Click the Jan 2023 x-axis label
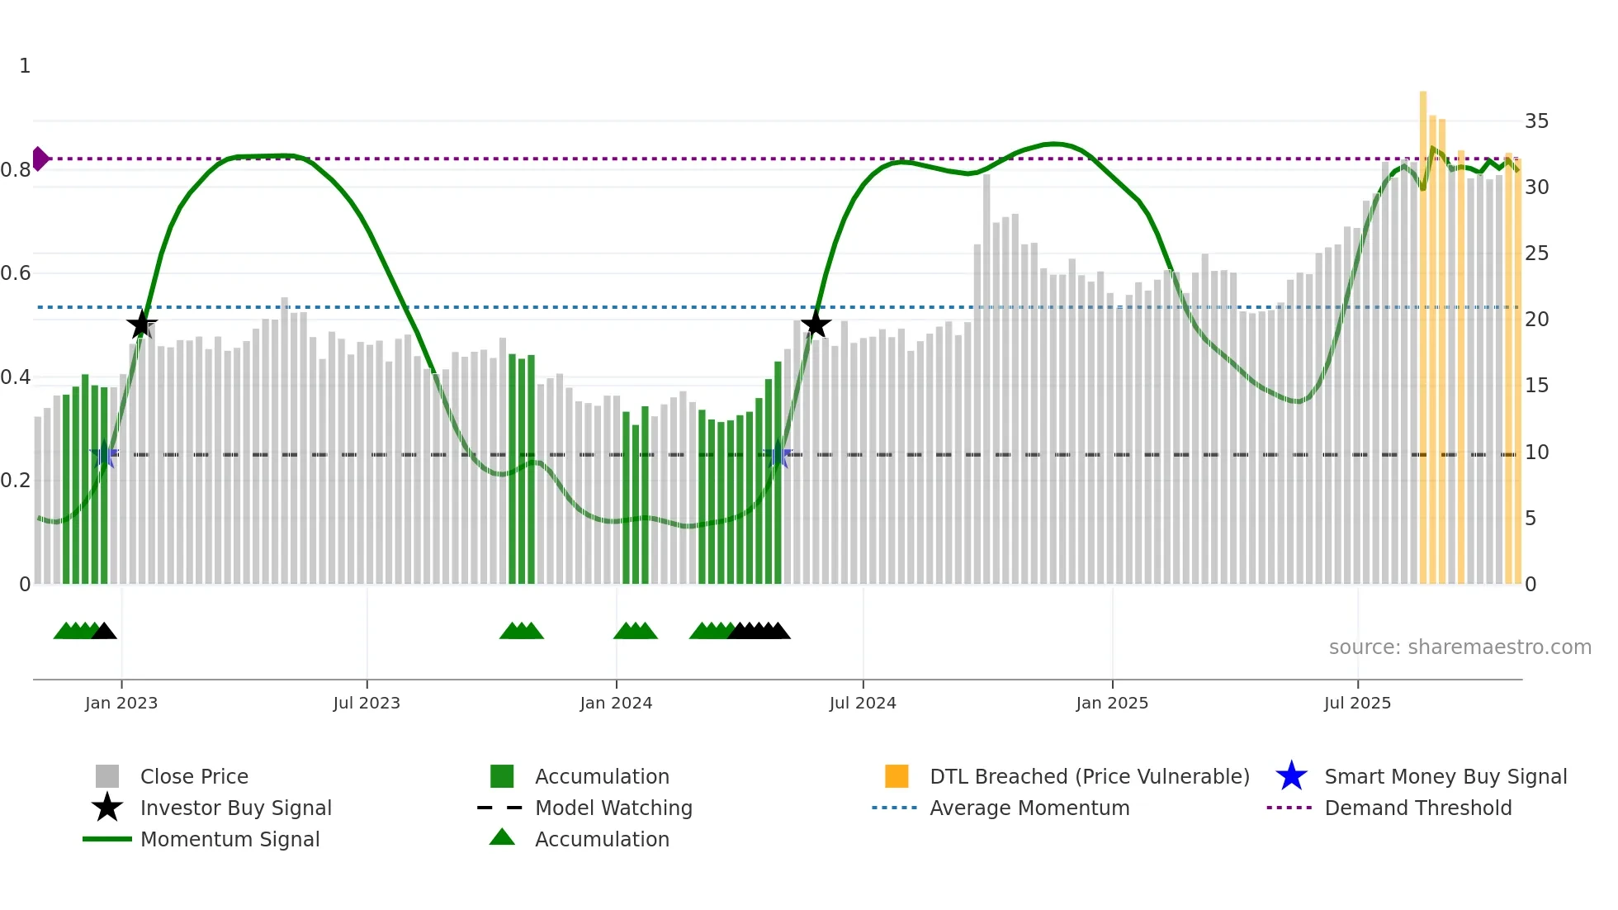[121, 704]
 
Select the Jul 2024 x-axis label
[863, 704]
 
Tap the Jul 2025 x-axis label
[1357, 704]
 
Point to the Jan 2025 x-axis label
[1112, 704]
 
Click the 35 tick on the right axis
[1536, 121]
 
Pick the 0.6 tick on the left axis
[16, 273]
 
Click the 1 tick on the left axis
[25, 66]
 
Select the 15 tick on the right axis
[1536, 386]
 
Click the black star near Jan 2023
[142, 325]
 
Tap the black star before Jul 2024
[816, 325]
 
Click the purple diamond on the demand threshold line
[40, 159]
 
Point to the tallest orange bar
[1423, 330]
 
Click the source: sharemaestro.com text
[1460, 647]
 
